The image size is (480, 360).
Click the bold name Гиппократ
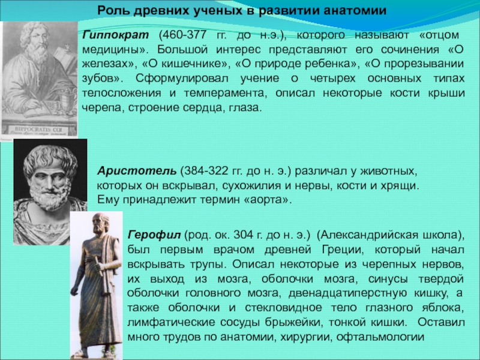(115, 35)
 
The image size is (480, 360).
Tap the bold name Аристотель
(137, 170)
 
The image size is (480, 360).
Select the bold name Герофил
(154, 235)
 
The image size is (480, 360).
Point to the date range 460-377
(182, 35)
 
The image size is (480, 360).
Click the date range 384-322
(205, 170)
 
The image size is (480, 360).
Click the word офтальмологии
(380, 337)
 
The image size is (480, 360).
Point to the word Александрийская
(368, 235)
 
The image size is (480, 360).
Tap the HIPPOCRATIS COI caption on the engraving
(39, 130)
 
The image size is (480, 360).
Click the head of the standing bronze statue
(101, 223)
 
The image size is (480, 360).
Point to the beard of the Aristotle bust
(49, 197)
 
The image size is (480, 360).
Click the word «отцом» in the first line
(439, 35)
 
